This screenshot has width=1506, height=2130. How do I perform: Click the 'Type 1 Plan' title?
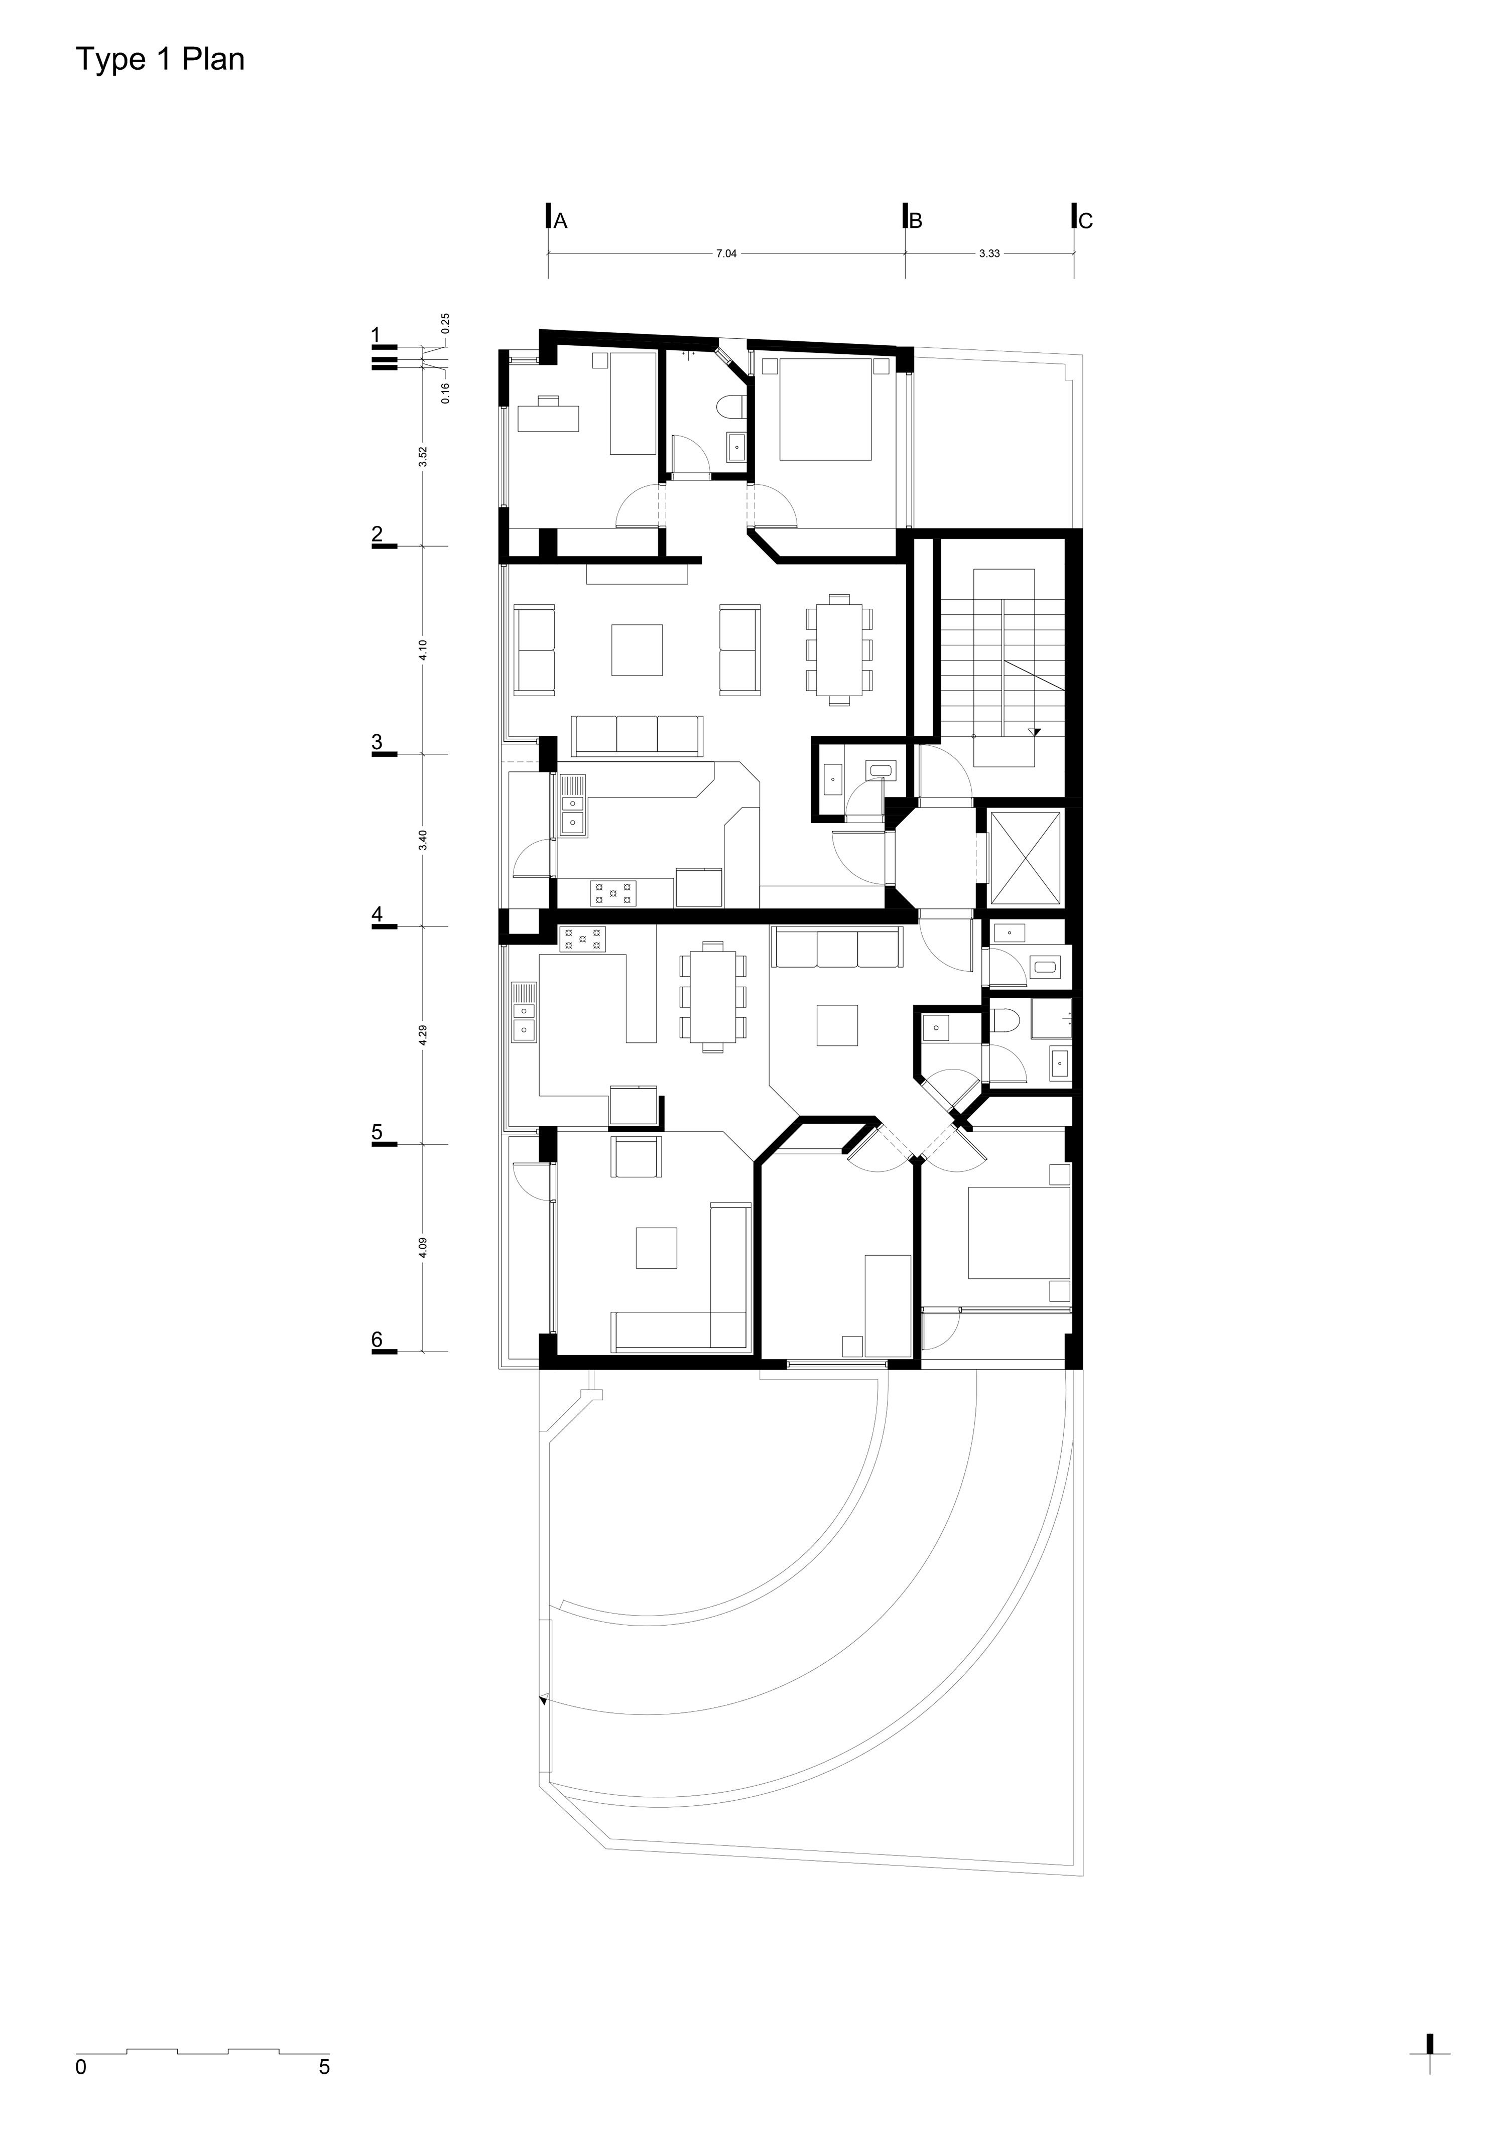160,59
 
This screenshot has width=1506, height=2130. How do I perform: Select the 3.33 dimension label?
989,253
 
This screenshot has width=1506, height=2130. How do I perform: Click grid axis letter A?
560,221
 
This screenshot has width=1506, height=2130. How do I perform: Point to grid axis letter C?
1086,221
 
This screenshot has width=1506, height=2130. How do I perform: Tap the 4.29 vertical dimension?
423,1035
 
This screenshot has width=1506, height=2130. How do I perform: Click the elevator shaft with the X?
1026,858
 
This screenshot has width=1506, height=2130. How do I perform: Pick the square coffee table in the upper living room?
637,649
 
